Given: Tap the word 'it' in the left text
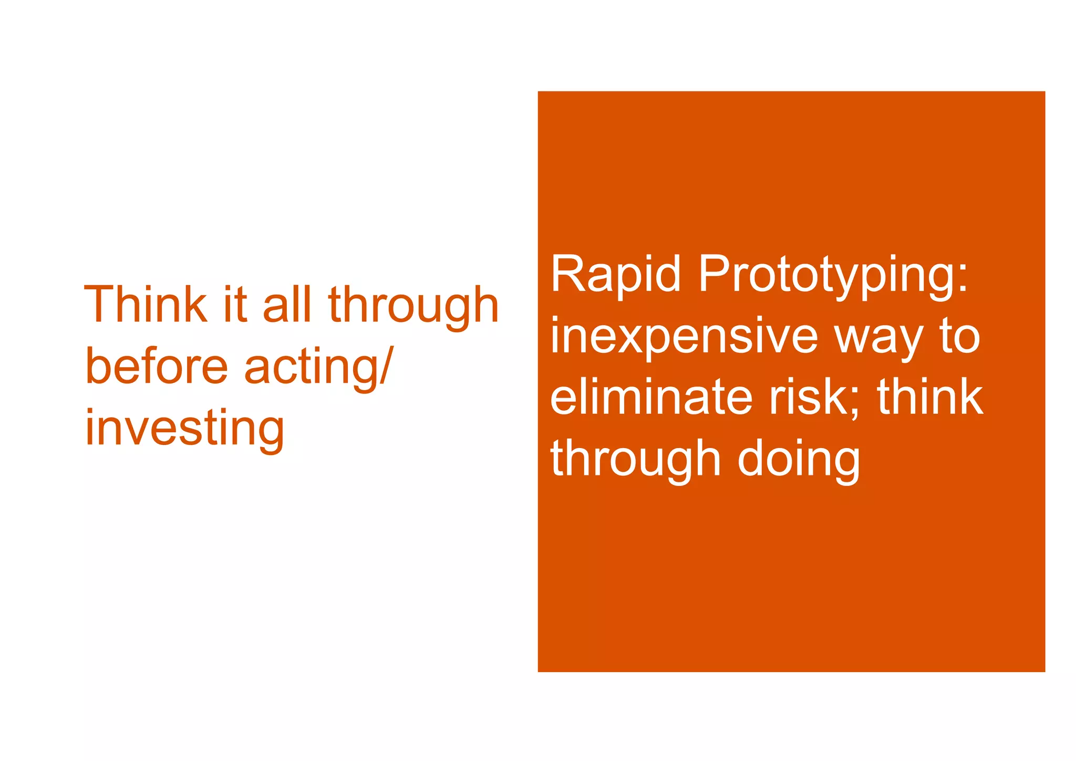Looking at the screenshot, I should click(x=234, y=305).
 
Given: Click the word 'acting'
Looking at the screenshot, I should click(x=311, y=368).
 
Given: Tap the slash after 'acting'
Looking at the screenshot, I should click(x=386, y=367).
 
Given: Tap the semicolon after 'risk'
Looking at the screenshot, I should click(x=855, y=402).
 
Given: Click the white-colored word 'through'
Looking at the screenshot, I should click(x=635, y=460).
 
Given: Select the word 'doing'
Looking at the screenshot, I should click(x=799, y=460).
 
